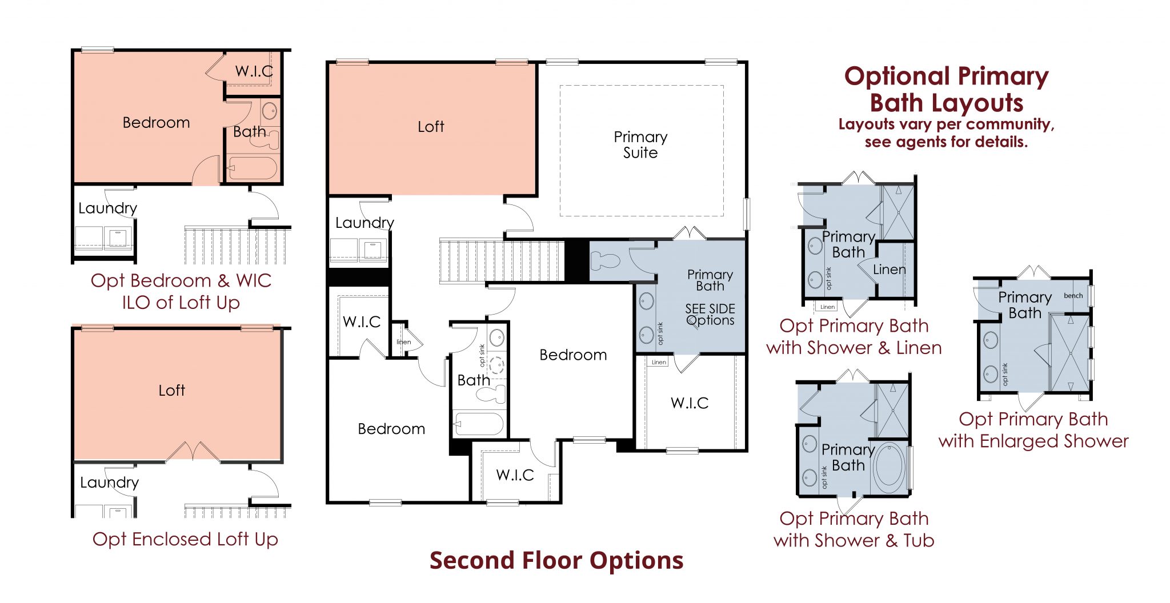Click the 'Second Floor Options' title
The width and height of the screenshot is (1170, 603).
(x=556, y=561)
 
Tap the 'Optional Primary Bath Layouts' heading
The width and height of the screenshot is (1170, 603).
(x=947, y=90)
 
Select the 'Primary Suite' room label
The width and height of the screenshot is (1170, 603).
(x=640, y=144)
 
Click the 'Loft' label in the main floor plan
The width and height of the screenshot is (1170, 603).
(x=431, y=127)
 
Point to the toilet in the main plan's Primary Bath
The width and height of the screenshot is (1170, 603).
(x=605, y=261)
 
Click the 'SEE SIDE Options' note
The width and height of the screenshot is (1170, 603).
(x=710, y=315)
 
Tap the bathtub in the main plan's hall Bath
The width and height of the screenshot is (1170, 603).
(x=479, y=424)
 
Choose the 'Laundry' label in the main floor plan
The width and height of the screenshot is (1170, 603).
(x=364, y=223)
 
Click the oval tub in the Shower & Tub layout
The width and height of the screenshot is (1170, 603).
(x=889, y=468)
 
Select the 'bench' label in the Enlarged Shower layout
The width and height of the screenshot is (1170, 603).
(x=1073, y=296)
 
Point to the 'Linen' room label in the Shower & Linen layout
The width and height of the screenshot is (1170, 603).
(x=889, y=270)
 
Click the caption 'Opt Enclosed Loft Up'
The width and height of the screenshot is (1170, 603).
(x=185, y=539)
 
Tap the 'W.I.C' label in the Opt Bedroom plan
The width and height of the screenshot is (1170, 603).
(x=254, y=71)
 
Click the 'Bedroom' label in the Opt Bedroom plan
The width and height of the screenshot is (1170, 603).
(x=156, y=123)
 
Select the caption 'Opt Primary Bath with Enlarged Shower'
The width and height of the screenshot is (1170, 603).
(x=1033, y=430)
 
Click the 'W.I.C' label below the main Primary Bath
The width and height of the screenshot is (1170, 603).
(x=690, y=403)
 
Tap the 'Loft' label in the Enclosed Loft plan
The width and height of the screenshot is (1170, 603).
(x=171, y=391)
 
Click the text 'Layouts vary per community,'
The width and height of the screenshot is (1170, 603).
(x=946, y=124)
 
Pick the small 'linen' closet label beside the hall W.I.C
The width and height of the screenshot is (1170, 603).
(x=404, y=342)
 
